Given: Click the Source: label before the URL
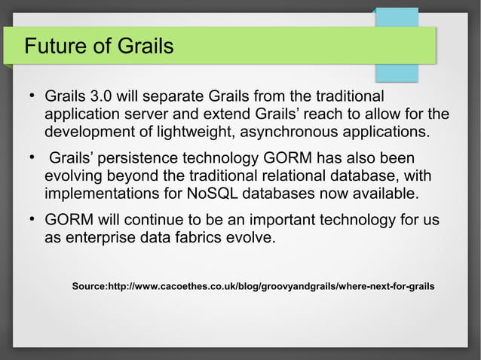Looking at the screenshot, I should click(x=90, y=287).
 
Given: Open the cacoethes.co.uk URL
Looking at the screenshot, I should click(x=271, y=287).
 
